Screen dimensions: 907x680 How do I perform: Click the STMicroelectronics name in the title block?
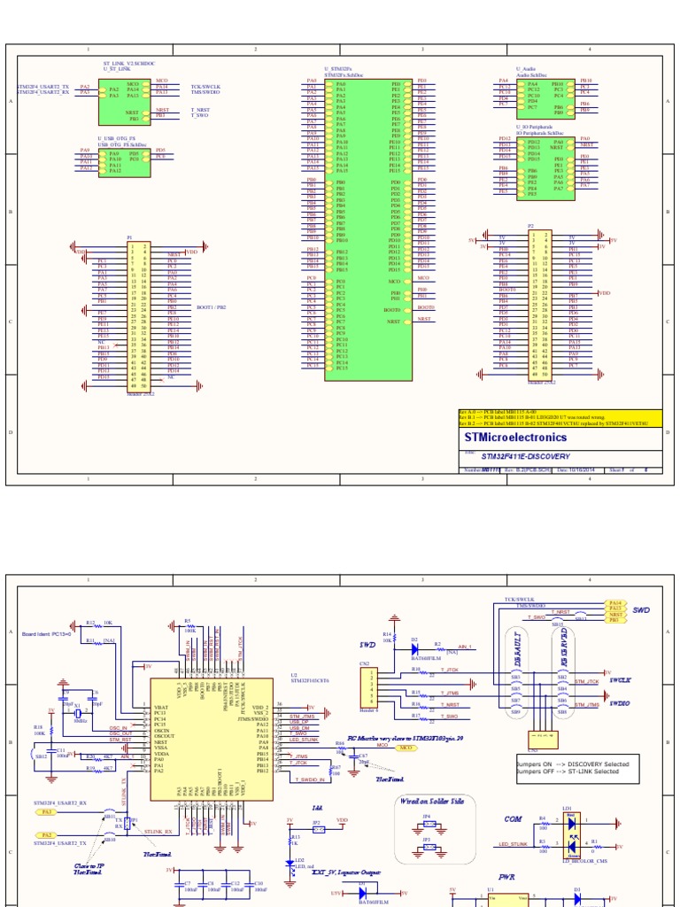tap(515, 438)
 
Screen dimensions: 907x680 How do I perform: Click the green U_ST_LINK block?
tap(123, 101)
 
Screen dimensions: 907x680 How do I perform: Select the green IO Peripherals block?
tap(545, 166)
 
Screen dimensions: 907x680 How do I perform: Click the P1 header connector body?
tap(140, 315)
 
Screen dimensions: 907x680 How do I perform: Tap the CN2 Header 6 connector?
tap(365, 687)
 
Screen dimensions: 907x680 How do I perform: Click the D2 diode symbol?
tap(413, 647)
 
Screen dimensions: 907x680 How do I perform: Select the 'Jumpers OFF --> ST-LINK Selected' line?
tap(567, 771)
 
